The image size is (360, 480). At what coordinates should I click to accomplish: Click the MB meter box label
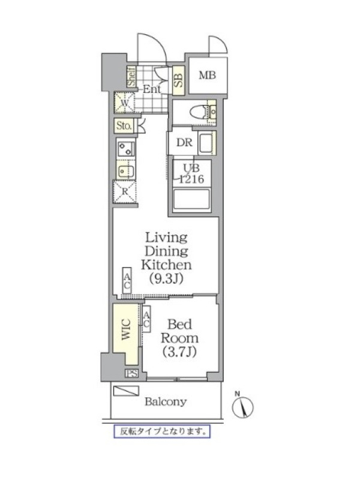click(x=207, y=75)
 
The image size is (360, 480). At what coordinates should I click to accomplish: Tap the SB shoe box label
click(x=178, y=80)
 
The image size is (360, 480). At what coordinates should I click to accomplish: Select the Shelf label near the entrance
click(x=131, y=77)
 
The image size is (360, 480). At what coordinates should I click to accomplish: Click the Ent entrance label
click(x=152, y=89)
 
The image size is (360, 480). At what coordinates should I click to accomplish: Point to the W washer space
click(x=124, y=103)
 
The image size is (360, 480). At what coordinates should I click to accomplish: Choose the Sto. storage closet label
click(x=124, y=125)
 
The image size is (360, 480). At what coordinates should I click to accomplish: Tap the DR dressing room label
click(x=184, y=142)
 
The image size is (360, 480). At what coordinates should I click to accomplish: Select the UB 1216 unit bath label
click(x=191, y=173)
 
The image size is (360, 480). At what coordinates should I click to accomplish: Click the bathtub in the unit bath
click(x=191, y=200)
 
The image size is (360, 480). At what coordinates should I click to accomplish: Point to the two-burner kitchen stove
click(x=125, y=148)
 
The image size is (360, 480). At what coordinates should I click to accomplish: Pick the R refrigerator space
click(x=125, y=191)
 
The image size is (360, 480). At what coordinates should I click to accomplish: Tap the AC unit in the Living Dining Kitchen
click(x=127, y=281)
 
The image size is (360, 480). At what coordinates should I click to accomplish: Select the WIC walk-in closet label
click(x=126, y=329)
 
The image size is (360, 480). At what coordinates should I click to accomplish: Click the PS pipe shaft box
click(x=131, y=373)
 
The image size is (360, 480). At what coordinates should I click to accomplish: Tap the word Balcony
click(x=166, y=401)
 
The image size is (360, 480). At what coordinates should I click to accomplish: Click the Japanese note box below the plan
click(x=162, y=431)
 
